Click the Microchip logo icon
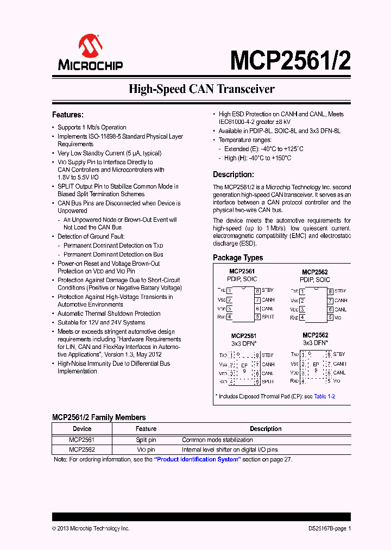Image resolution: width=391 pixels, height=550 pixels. (x=90, y=46)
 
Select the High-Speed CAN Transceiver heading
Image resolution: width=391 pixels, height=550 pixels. (x=201, y=89)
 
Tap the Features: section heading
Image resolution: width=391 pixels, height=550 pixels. (x=67, y=115)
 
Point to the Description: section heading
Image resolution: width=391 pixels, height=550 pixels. (x=233, y=174)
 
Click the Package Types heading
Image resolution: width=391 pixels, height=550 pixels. (x=237, y=258)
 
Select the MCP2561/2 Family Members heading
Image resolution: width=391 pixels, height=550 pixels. (x=99, y=417)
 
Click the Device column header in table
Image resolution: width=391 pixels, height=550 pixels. (x=81, y=429)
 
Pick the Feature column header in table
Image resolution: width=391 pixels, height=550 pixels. (x=146, y=429)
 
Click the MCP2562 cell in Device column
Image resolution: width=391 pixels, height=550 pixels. (x=81, y=449)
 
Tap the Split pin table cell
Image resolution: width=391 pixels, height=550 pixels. (x=146, y=440)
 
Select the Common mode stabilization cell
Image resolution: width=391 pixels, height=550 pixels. (x=217, y=440)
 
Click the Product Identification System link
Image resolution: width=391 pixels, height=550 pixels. (x=198, y=459)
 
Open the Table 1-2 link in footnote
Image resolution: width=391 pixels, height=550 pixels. (x=325, y=396)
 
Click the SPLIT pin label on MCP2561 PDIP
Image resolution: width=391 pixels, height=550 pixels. (x=268, y=317)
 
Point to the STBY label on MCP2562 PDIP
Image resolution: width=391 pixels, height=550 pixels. (x=340, y=291)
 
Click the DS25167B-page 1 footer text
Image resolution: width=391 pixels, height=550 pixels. (x=326, y=528)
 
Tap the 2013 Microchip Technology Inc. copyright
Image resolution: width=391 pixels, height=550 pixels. (x=91, y=528)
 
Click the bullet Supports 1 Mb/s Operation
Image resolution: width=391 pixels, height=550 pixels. (x=92, y=127)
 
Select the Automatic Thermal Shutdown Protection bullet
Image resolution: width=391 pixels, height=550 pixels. (x=109, y=314)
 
